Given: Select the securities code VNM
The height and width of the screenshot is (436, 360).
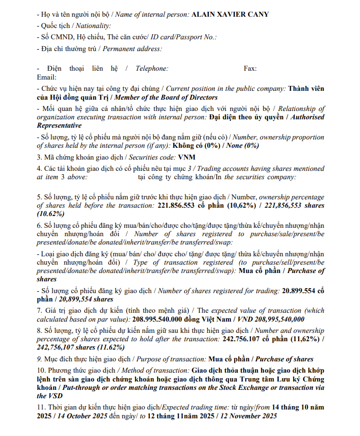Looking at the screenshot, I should coord(187,157).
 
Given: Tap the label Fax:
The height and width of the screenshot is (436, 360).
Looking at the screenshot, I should coord(250,69).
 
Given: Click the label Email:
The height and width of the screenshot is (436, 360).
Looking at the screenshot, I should coord(47,78).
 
